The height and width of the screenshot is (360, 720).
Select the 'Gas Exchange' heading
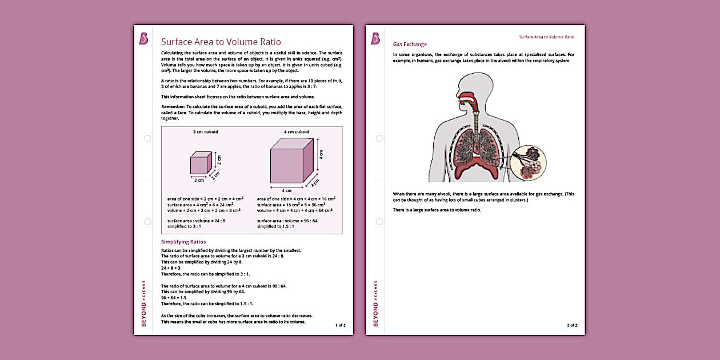(410, 45)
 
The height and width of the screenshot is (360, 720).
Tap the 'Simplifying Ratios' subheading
(183, 242)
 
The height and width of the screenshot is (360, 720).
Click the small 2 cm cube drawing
(201, 163)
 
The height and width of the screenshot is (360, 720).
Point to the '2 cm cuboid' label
(205, 132)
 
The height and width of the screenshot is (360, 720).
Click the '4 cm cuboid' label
(297, 132)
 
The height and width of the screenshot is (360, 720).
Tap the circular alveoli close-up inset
(528, 162)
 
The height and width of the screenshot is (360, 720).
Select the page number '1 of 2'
(340, 325)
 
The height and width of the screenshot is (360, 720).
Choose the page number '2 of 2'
(572, 325)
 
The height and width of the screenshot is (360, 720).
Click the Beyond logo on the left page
(143, 39)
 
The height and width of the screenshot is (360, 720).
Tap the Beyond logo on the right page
(375, 39)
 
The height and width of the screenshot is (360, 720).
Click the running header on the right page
(546, 37)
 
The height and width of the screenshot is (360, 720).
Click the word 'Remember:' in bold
(174, 107)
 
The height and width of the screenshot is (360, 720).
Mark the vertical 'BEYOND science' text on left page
(143, 303)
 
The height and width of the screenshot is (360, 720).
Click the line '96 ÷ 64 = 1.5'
(174, 298)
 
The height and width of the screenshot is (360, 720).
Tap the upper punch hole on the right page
(379, 138)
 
